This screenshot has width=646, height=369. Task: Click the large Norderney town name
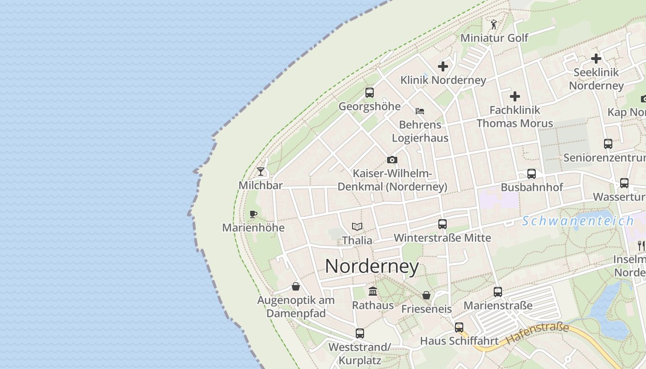coord(372,267)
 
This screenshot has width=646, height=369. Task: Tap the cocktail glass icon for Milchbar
coord(261,172)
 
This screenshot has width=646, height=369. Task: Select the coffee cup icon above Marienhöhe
coord(253,214)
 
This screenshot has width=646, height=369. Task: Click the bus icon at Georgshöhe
coord(370,93)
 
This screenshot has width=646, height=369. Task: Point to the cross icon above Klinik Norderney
coord(443,66)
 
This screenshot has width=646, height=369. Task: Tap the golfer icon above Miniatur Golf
coord(494,24)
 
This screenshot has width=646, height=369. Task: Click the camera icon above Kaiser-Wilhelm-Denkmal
coord(392,160)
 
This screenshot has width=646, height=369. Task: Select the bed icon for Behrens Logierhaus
coord(420,111)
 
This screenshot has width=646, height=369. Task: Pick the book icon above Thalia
coord(357,226)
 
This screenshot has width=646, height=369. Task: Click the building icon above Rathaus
coord(373,292)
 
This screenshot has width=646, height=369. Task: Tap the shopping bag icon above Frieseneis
coord(426,295)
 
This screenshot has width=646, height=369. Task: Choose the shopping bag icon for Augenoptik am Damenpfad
coord(296,287)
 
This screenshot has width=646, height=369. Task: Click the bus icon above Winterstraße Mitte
coord(443,224)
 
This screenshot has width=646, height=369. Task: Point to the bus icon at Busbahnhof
coord(532,174)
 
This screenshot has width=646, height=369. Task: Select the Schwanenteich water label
coord(578,221)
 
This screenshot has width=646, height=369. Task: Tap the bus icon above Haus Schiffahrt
coord(459,327)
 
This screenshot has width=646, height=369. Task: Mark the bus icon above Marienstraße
coord(498,292)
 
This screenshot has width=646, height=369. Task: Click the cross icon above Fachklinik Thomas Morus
coord(515,96)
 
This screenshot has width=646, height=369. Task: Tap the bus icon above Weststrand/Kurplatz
coord(360,333)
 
